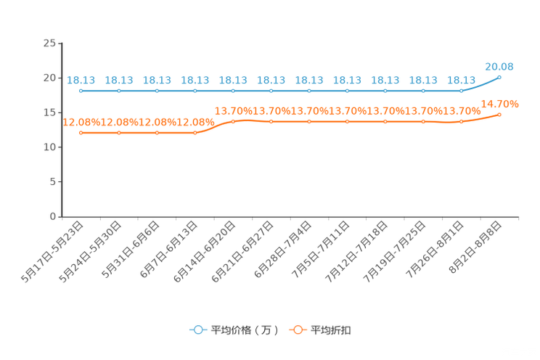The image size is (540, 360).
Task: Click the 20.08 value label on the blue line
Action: pos(499,67)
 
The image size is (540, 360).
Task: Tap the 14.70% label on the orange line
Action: pos(499,104)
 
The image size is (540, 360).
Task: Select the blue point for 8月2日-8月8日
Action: pos(499,78)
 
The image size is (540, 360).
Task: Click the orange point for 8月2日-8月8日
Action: pos(499,115)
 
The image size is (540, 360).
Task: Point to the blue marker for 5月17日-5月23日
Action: pos(81,91)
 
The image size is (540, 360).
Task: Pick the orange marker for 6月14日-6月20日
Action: pos(233,122)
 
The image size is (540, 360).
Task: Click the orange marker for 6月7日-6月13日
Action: pos(195,133)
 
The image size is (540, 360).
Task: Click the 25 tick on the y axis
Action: pos(49,43)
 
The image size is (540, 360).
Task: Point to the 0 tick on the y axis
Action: pos(52,217)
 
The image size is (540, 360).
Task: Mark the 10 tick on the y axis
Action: pos(49,147)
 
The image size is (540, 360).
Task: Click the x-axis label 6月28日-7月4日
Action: pos(282,250)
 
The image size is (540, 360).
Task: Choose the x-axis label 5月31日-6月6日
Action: pos(130,250)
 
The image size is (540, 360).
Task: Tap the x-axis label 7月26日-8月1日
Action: pos(435,250)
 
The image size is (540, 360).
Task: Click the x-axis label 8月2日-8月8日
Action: pos(475,247)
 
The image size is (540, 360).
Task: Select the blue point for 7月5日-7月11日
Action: pos(347,91)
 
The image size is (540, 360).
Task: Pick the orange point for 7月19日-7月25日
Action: pos(423,122)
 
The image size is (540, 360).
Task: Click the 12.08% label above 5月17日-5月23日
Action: pos(81,122)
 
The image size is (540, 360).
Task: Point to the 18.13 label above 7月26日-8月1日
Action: pos(461,81)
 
